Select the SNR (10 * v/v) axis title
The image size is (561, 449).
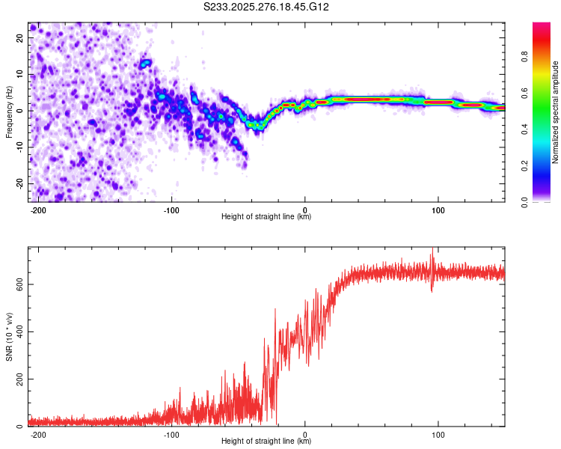point(9,337)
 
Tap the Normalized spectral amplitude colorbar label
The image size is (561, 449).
point(556,112)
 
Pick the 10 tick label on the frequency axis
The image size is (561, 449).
point(22,74)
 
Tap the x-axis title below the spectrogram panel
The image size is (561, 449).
point(266,217)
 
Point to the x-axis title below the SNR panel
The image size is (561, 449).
point(266,442)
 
